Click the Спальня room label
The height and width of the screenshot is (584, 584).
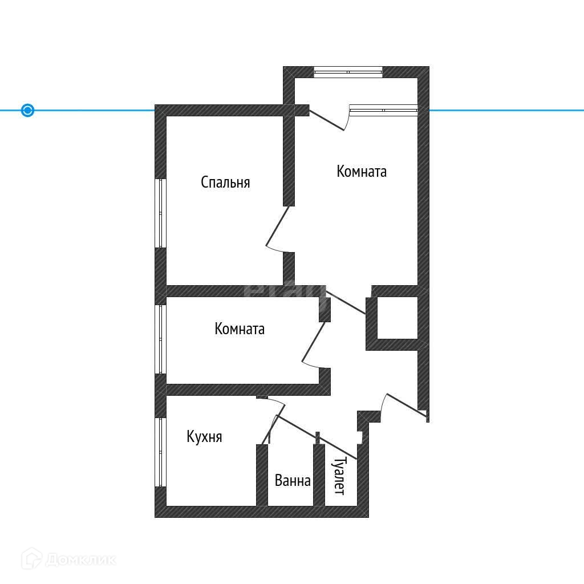pyautogui.click(x=225, y=182)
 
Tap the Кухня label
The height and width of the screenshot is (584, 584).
pyautogui.click(x=204, y=437)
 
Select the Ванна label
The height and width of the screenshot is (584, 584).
pyautogui.click(x=293, y=481)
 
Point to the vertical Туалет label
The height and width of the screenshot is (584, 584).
pyautogui.click(x=339, y=476)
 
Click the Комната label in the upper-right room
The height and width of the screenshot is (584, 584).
pyautogui.click(x=362, y=171)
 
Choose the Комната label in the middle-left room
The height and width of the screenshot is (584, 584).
pyautogui.click(x=240, y=329)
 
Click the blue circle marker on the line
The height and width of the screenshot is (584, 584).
pyautogui.click(x=27, y=110)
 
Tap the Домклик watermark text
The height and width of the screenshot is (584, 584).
pyautogui.click(x=80, y=559)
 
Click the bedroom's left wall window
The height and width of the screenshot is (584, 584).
pyautogui.click(x=160, y=213)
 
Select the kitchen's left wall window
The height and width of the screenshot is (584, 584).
pyautogui.click(x=160, y=452)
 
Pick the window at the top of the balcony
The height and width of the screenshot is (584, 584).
pyautogui.click(x=348, y=72)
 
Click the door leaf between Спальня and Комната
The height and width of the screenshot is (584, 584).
pyautogui.click(x=277, y=226)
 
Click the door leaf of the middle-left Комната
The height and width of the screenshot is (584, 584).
pyautogui.click(x=314, y=342)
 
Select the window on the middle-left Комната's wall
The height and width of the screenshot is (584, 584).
pyautogui.click(x=160, y=339)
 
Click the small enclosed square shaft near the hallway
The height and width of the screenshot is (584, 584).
pyautogui.click(x=397, y=318)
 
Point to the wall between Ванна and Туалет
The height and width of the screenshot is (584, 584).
pyautogui.click(x=319, y=474)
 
